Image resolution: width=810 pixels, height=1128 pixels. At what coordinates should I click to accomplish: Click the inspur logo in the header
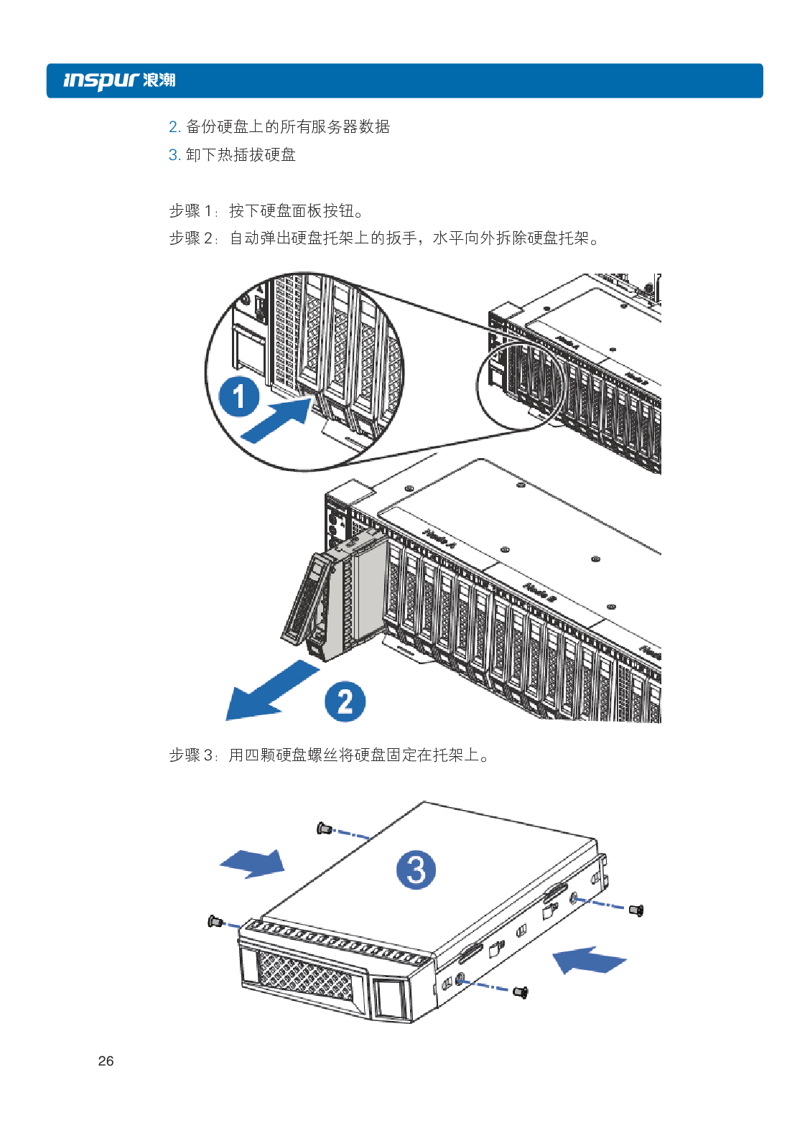(118, 80)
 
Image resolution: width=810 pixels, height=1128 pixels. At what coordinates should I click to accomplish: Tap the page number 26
(106, 1061)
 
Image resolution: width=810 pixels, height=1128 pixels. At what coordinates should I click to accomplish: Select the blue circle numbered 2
(345, 701)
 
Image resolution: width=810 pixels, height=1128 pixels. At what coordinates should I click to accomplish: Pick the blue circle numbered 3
(416, 870)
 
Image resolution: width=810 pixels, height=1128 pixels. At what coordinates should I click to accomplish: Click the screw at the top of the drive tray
(324, 829)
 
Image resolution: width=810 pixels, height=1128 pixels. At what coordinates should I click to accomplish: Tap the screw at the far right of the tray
(636, 910)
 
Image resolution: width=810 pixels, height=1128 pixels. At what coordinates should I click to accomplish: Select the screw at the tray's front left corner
(213, 920)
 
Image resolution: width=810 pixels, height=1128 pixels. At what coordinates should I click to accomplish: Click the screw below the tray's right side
(521, 992)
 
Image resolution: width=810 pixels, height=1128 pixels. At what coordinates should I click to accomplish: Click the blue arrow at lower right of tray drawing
(589, 959)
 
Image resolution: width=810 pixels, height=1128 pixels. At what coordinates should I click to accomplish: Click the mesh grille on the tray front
(305, 974)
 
